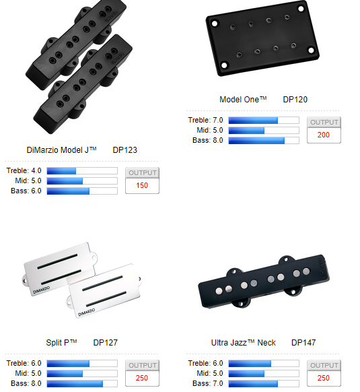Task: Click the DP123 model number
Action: tap(125, 150)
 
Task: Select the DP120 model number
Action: tap(295, 100)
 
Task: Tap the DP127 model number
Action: tap(105, 343)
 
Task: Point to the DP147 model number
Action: tap(303, 343)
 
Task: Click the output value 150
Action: tap(142, 185)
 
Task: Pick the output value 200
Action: tap(324, 135)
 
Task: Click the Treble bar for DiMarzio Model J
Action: tap(82, 171)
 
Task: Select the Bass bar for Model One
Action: tap(264, 141)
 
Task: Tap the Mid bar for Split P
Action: tap(82, 374)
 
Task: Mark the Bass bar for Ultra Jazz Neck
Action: tap(264, 383)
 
